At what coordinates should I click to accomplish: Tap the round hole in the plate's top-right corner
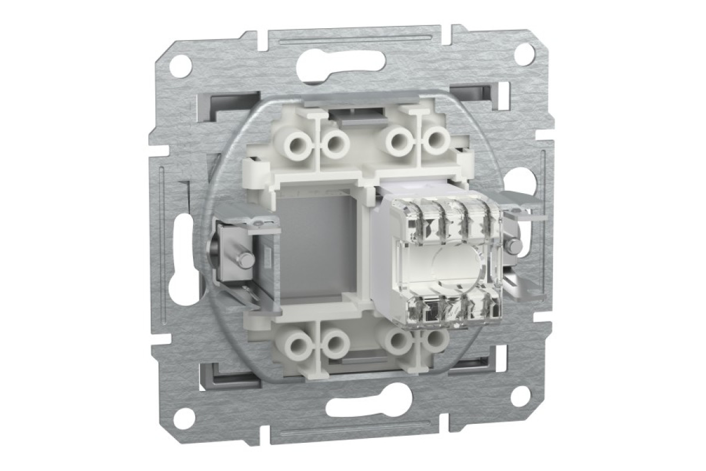pyautogui.click(x=523, y=54)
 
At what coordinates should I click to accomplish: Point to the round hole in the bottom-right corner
pyautogui.click(x=520, y=396)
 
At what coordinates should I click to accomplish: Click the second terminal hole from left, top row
pyautogui.click(x=336, y=143)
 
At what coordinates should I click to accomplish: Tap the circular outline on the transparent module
pyautogui.click(x=452, y=265)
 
